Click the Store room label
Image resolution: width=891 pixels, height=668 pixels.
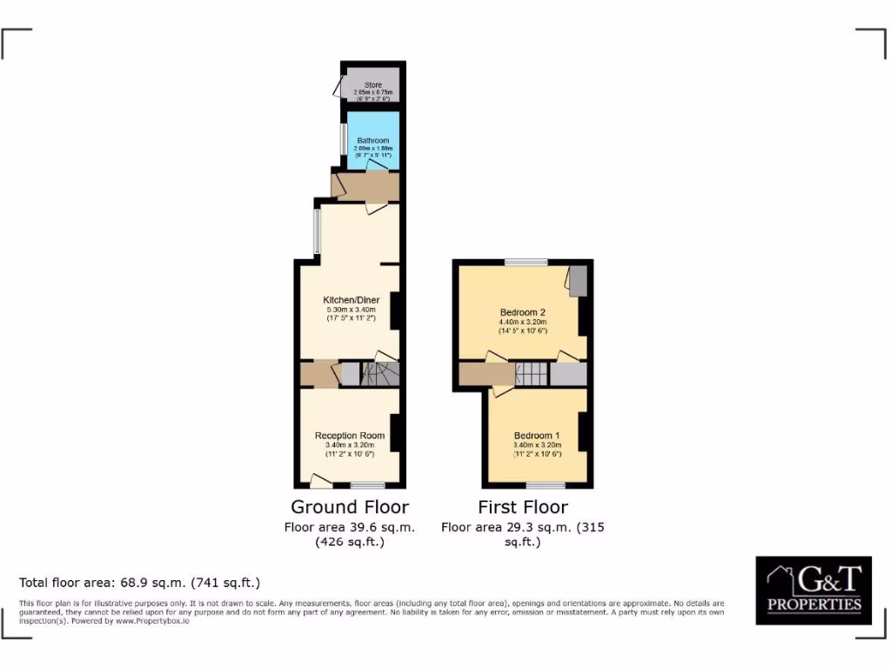(372, 85)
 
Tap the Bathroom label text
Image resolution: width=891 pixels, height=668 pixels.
(372, 140)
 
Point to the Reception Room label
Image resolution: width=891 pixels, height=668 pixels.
(349, 436)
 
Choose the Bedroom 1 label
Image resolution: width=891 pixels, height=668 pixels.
(537, 436)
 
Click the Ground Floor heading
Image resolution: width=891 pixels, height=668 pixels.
(349, 507)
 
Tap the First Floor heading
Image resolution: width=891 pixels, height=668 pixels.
(523, 507)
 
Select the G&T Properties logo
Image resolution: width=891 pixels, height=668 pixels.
(814, 590)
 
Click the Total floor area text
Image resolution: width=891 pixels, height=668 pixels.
(140, 583)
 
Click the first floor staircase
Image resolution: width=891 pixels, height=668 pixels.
(532, 374)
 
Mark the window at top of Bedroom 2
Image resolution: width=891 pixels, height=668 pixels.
(526, 262)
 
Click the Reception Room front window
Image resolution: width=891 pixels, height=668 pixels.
(367, 485)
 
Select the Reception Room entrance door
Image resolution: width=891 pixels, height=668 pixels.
(321, 479)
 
